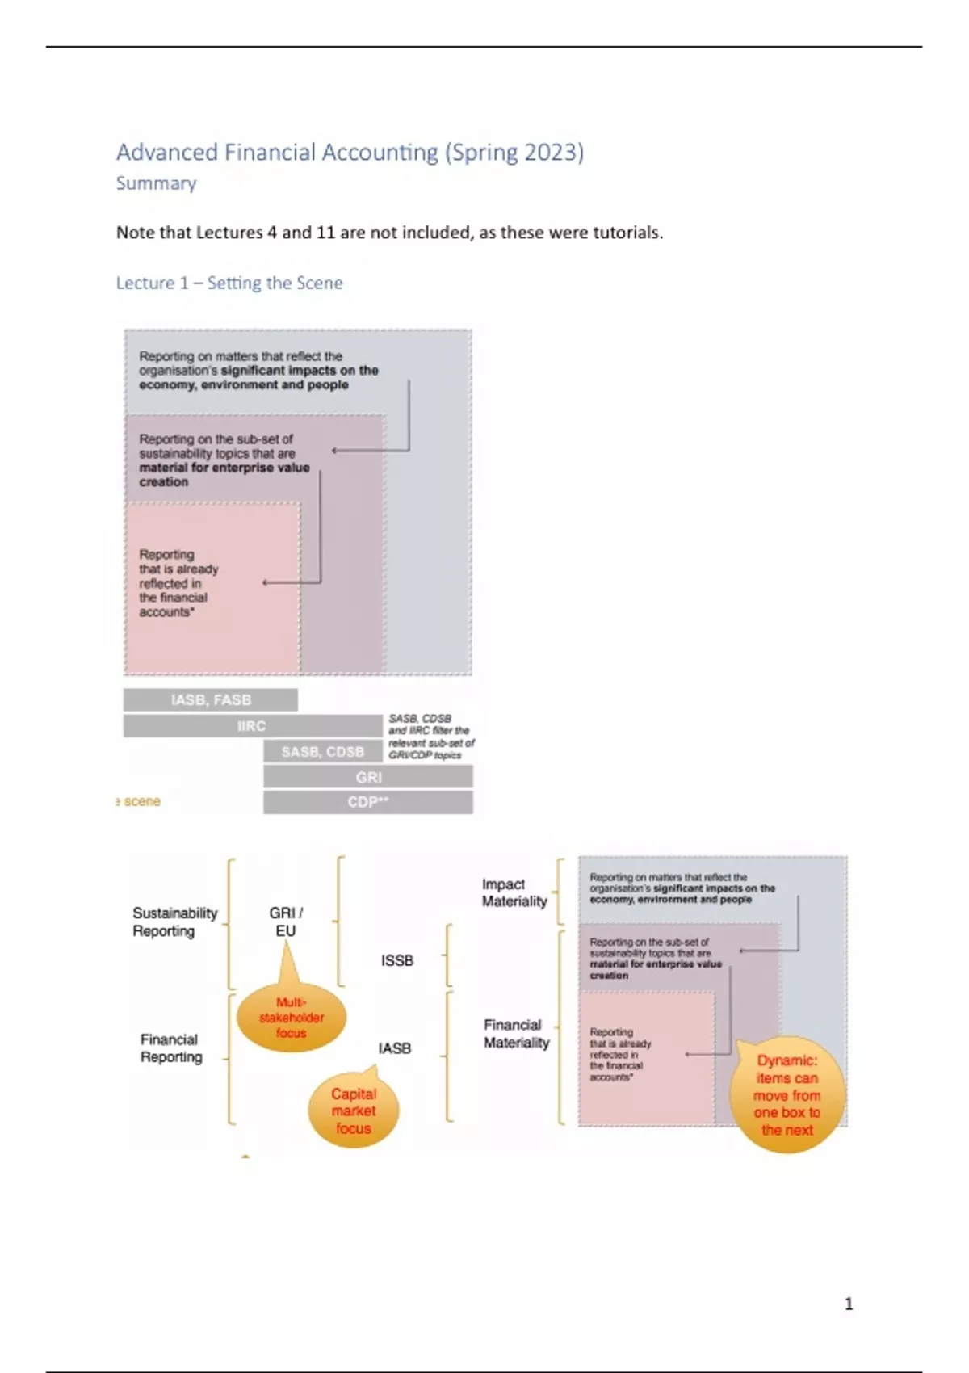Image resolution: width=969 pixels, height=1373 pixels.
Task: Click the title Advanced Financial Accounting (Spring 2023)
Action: [350, 152]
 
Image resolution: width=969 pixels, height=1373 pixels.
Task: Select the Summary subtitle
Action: [156, 183]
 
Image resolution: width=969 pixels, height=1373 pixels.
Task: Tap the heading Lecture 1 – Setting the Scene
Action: [229, 283]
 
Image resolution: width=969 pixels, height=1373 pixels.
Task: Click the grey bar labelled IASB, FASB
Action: [211, 699]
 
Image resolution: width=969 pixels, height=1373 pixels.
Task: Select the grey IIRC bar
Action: [251, 726]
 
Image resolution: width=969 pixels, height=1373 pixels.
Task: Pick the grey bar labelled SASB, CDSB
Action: [322, 752]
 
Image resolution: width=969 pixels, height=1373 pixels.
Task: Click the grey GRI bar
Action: [368, 777]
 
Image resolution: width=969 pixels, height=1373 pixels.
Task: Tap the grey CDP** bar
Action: [368, 802]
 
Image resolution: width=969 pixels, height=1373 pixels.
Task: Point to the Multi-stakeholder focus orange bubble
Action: [291, 1018]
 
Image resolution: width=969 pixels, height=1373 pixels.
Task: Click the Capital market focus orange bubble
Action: [354, 1111]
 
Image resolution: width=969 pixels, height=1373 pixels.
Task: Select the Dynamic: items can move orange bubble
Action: [787, 1094]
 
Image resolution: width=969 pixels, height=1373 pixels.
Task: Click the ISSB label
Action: [397, 960]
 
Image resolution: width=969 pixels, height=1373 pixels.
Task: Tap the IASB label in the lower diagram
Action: [395, 1048]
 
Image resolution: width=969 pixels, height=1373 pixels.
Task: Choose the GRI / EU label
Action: [286, 922]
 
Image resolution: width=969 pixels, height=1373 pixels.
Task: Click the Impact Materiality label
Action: [514, 892]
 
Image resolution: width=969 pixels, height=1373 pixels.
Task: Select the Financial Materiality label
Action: [516, 1034]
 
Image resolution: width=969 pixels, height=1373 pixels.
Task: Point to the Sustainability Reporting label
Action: [174, 922]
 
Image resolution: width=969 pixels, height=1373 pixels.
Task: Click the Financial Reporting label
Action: [170, 1048]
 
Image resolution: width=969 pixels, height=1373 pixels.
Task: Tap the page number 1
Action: [849, 1304]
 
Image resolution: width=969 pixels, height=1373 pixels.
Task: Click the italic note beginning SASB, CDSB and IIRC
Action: [431, 737]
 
